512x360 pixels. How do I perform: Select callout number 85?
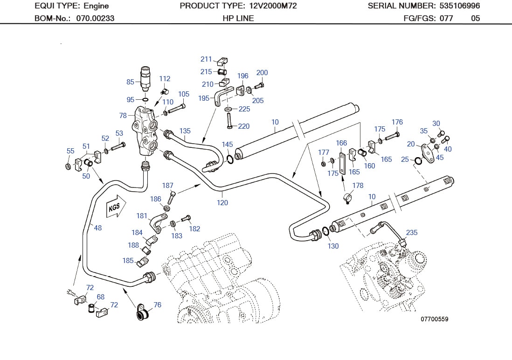click(x=130, y=82)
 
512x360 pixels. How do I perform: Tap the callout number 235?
click(x=412, y=232)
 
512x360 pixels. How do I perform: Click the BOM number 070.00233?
click(x=95, y=19)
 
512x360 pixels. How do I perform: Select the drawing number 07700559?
click(x=434, y=319)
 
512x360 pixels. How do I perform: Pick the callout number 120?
click(x=222, y=202)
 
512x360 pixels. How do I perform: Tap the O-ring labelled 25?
click(x=418, y=160)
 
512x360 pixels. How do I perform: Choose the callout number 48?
click(x=97, y=228)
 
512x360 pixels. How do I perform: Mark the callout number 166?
click(x=341, y=143)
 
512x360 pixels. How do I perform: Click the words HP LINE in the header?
click(x=238, y=19)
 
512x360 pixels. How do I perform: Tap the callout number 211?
click(x=206, y=59)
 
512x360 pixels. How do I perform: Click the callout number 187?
click(x=167, y=186)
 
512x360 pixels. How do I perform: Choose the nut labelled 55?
click(x=69, y=166)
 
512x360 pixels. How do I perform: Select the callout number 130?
click(x=333, y=246)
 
